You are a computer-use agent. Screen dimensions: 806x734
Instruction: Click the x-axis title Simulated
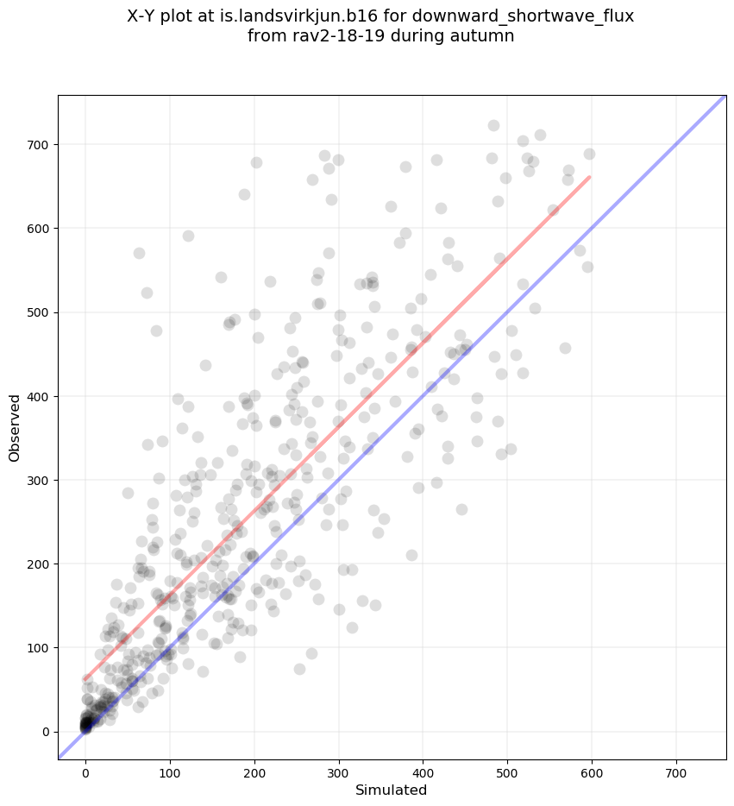coord(392,790)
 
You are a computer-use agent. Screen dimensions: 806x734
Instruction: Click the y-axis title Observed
coord(15,427)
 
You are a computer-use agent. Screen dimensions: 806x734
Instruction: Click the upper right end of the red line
coord(589,177)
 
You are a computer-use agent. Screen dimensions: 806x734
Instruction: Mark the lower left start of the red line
coord(85,679)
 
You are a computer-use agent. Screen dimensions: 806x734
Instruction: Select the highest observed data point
coord(493,125)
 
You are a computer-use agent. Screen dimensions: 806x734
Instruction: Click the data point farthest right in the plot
coord(589,154)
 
